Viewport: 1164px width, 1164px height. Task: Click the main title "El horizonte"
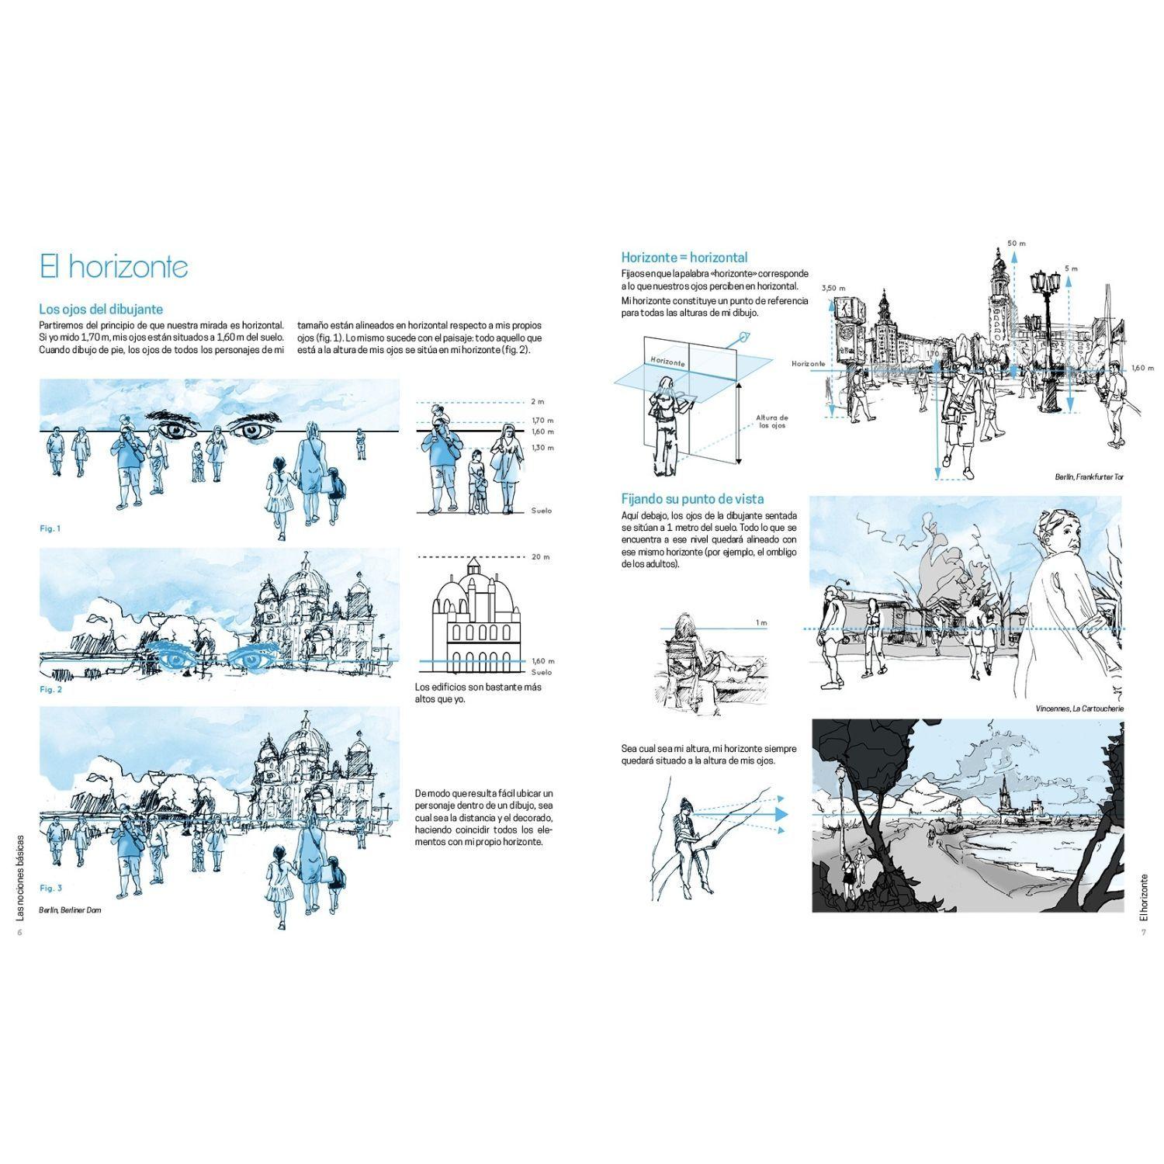114,266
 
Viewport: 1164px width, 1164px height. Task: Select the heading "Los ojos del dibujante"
101,310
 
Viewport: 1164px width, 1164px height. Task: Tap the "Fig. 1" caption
50,528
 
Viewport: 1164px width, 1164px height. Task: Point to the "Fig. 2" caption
50,689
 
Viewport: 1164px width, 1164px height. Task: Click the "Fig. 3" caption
50,888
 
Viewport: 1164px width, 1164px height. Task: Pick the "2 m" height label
539,402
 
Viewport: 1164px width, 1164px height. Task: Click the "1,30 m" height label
543,448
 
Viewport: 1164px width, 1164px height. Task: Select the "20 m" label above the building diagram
541,556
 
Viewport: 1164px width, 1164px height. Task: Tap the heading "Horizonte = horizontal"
684,257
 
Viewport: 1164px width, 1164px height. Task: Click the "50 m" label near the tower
1017,243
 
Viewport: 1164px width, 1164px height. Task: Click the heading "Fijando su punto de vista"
693,499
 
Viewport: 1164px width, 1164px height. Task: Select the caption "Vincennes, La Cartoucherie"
1079,708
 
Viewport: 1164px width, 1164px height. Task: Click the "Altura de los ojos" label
772,421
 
